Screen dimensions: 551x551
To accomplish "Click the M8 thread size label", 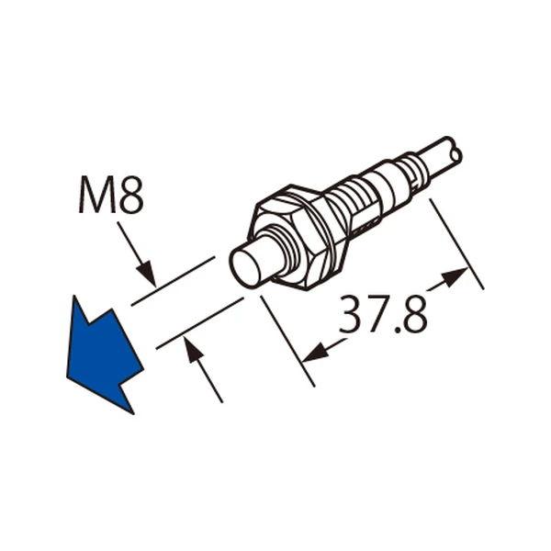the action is click(111, 195).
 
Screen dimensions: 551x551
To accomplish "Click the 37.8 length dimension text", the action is click(383, 314).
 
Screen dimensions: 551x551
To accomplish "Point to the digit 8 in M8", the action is click(130, 195).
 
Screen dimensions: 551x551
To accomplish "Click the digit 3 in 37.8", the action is click(352, 314).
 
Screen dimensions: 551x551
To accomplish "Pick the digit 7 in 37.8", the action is click(379, 314).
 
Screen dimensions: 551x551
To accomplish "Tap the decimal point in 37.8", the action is click(399, 329).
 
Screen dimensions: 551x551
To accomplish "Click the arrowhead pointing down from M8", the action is click(147, 272).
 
